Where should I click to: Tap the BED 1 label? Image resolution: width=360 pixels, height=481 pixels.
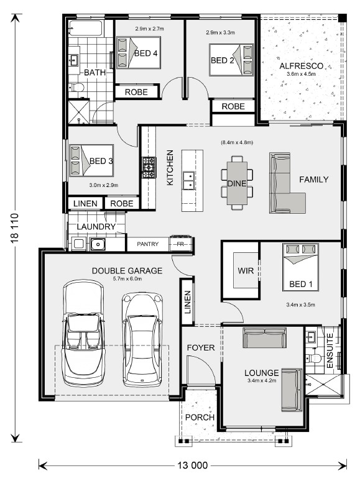301,284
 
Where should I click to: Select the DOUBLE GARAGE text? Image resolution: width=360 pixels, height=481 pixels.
127,270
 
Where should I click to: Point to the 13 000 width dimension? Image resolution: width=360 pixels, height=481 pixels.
192,465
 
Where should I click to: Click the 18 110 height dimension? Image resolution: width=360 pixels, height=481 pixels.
15,228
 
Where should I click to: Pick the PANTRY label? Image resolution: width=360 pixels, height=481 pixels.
147,244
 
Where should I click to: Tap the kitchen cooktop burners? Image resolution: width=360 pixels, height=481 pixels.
149,168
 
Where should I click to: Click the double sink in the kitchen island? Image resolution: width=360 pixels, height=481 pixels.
188,181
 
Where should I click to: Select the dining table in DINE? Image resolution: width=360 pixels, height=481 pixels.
237,183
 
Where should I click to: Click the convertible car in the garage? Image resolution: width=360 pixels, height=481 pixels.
84,333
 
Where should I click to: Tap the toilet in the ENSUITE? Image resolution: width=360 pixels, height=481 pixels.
313,358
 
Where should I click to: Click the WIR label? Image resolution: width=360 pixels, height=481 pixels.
246,271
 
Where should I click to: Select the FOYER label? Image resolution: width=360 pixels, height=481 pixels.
201,347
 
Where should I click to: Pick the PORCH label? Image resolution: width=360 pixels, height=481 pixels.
200,417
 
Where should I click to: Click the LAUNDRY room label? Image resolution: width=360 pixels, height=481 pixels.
96,227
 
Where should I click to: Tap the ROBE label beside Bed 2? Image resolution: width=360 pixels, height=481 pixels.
233,106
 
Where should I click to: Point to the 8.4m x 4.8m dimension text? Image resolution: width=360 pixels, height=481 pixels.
237,142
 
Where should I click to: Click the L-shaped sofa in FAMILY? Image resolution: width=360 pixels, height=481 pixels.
287,183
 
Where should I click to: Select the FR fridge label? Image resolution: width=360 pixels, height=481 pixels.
180,244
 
